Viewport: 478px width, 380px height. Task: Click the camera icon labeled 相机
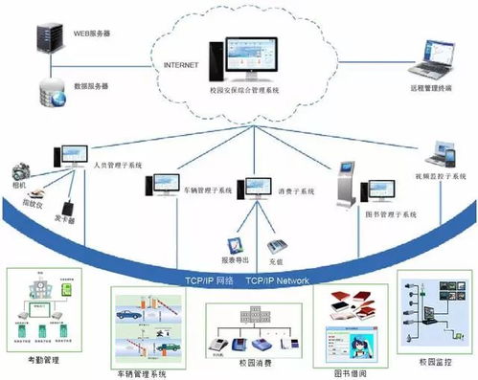(x=19, y=167)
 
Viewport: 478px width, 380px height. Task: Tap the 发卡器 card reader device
(x=68, y=208)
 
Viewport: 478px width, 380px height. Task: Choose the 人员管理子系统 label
(x=119, y=166)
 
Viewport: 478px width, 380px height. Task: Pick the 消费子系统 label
(x=295, y=191)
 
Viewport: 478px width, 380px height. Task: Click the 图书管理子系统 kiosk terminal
(x=346, y=185)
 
